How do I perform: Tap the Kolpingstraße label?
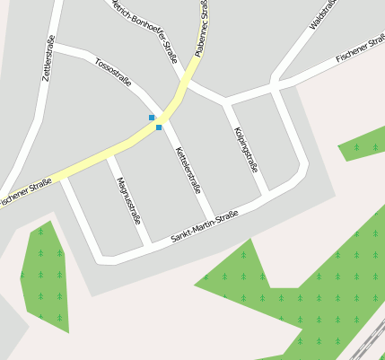pos(245,149)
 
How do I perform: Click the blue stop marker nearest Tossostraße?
pos(152,118)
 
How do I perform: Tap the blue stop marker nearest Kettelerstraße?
pos(159,127)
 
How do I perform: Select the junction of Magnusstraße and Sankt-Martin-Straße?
pos(148,245)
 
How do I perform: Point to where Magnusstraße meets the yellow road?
pos(108,157)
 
